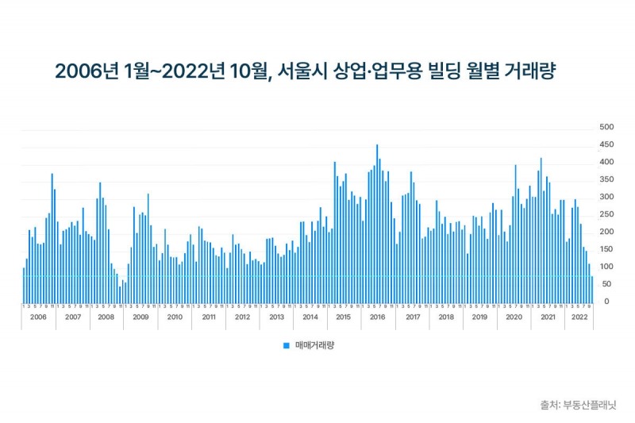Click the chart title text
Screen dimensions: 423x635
click(x=305, y=71)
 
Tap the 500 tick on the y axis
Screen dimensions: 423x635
click(x=606, y=127)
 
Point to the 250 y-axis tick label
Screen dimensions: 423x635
click(x=606, y=214)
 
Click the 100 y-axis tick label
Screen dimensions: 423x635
click(x=606, y=267)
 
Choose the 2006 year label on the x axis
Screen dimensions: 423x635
click(x=39, y=317)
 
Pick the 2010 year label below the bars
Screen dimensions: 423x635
click(x=174, y=317)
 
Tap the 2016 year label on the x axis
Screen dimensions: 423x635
click(x=377, y=317)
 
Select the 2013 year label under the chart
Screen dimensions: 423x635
click(x=276, y=317)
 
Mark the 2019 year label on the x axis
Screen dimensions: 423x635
click(x=479, y=317)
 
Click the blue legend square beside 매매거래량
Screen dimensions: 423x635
click(x=286, y=345)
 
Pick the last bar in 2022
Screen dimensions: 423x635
click(x=591, y=289)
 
